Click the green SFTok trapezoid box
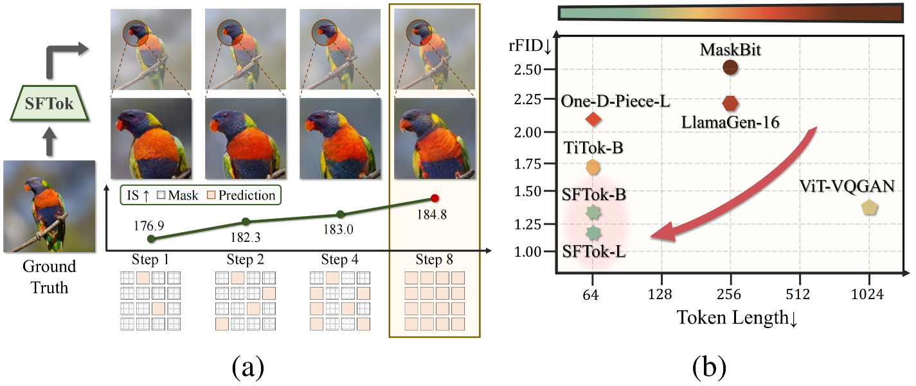[49, 103]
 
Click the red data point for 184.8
[435, 198]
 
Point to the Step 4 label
[340, 260]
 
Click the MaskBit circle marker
[730, 66]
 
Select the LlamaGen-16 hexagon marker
[730, 103]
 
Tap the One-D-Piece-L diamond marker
[593, 119]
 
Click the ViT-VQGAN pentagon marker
[869, 207]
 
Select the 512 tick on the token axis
[799, 295]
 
